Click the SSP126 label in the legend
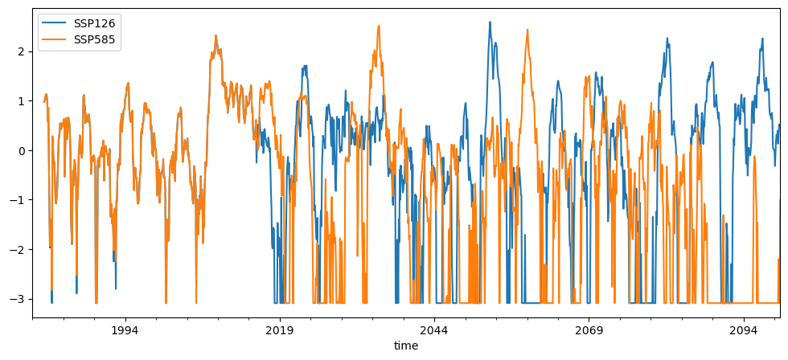click(93, 23)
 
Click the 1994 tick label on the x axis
click(125, 331)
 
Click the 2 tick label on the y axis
click(21, 51)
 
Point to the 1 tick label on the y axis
click(21, 101)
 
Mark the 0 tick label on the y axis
click(21, 150)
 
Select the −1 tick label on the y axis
click(18, 200)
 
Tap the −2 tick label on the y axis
click(18, 249)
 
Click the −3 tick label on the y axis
click(18, 299)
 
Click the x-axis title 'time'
click(406, 346)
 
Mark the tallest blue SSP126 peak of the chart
click(490, 22)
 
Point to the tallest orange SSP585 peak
click(379, 26)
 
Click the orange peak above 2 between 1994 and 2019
click(215, 36)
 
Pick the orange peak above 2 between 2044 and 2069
click(527, 30)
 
